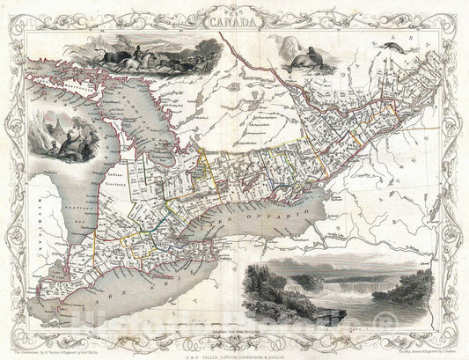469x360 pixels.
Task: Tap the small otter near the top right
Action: [x=412, y=54]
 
